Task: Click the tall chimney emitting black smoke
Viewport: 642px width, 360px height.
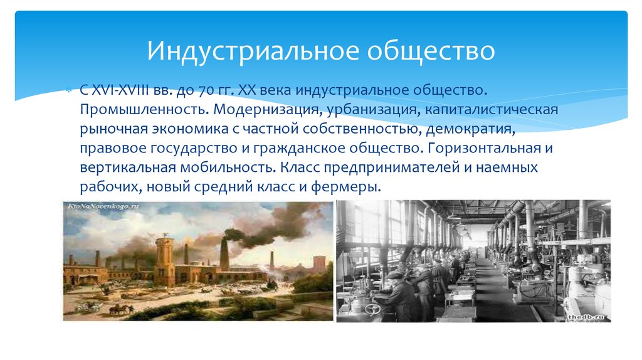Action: [224, 254]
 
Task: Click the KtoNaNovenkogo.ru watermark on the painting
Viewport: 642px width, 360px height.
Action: [104, 206]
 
